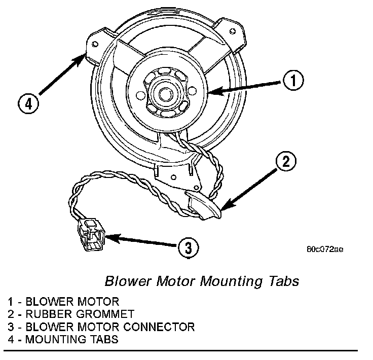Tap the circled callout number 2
coord(286,162)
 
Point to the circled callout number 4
coord(28,104)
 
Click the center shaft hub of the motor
coord(165,93)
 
